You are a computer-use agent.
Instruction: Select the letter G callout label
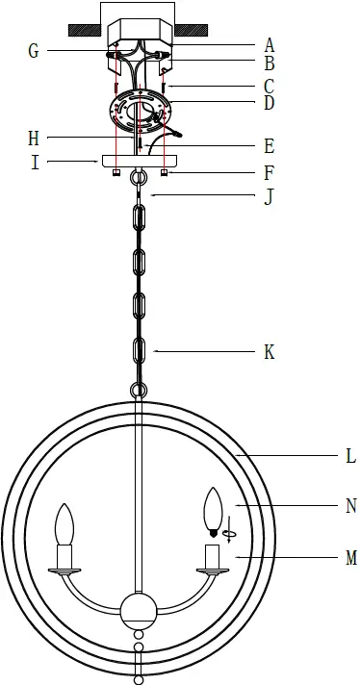(33, 51)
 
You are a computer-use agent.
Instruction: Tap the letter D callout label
(270, 102)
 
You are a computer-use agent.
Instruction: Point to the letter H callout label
(33, 139)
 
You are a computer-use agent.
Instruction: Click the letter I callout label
(35, 163)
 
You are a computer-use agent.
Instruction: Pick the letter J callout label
(270, 198)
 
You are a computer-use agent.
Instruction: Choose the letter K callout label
(270, 352)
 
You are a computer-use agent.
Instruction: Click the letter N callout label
(350, 506)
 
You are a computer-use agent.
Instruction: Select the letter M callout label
(350, 557)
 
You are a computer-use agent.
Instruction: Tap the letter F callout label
(270, 175)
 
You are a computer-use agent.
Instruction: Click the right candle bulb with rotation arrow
(213, 509)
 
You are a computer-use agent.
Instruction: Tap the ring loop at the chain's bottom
(139, 390)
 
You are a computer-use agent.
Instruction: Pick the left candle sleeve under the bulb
(65, 556)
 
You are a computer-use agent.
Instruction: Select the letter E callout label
(270, 147)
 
